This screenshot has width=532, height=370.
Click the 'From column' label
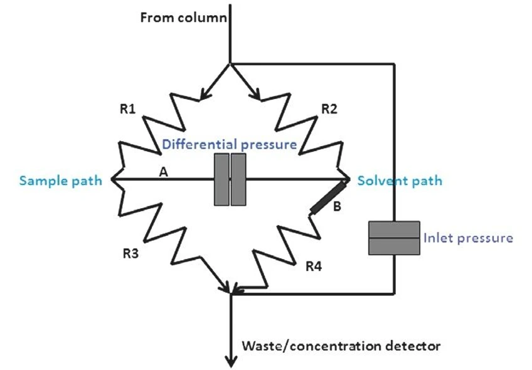[x=183, y=17]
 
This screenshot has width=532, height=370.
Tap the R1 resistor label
[x=127, y=109]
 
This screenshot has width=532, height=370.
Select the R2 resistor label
[x=329, y=109]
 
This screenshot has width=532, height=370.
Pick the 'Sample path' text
[x=60, y=181]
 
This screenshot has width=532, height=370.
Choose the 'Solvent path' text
[x=400, y=181]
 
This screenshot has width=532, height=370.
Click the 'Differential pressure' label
[x=230, y=144]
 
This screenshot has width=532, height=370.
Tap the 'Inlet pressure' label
[x=468, y=238]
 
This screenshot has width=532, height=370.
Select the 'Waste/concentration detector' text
[x=341, y=346]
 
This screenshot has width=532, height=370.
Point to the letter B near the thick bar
[x=337, y=207]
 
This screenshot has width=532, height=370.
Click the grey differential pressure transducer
[x=230, y=180]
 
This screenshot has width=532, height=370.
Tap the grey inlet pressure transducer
[x=394, y=238]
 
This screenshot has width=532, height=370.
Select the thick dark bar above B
[x=328, y=197]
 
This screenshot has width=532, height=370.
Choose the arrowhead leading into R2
[x=255, y=94]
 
